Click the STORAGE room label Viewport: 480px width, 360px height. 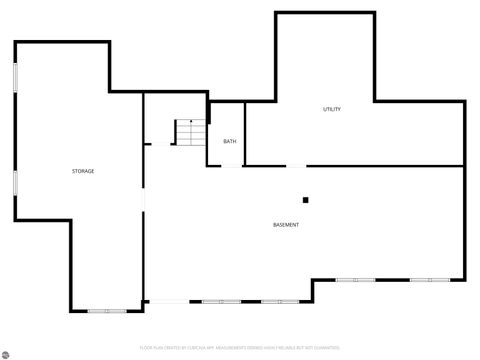[x=83, y=171]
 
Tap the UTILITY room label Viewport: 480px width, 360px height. [x=331, y=109]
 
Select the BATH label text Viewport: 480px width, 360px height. [x=230, y=141]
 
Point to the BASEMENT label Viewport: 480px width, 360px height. [x=286, y=224]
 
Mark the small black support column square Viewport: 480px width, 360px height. [x=306, y=200]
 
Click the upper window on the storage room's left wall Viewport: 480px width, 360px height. [x=15, y=79]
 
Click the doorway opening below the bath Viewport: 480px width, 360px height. [x=231, y=166]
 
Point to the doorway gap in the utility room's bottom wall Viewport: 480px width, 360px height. [x=297, y=166]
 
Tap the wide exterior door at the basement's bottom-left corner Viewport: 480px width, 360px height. [x=166, y=301]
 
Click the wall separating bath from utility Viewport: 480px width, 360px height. [x=245, y=134]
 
